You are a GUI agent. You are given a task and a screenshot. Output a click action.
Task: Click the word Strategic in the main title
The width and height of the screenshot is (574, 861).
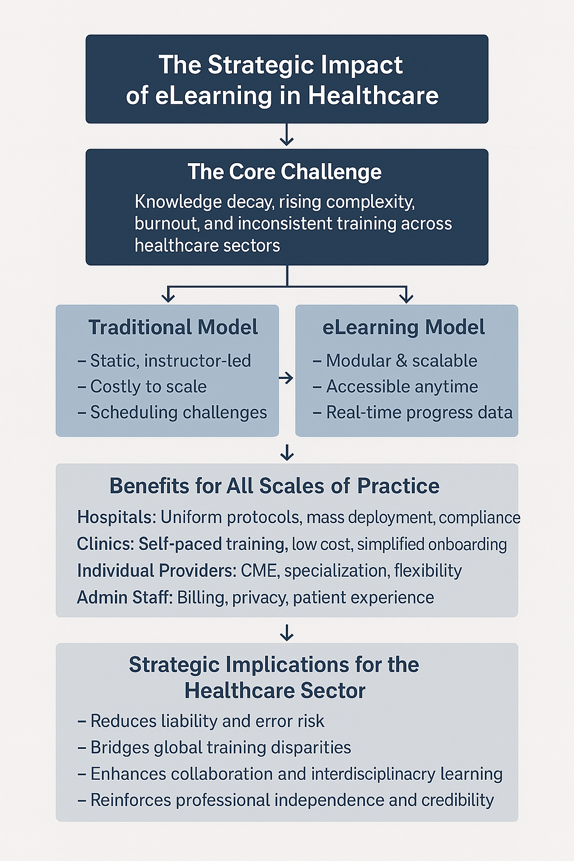(261, 66)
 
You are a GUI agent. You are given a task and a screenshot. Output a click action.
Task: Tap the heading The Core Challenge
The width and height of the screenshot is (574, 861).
(285, 172)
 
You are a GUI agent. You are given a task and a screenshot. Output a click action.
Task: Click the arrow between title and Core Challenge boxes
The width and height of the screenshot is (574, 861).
(287, 134)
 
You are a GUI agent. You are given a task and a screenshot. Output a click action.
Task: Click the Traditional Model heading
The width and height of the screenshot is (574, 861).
(173, 327)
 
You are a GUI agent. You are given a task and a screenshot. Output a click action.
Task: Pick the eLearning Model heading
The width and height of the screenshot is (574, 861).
(403, 327)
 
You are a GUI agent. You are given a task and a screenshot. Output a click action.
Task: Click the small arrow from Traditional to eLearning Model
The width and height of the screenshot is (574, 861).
(286, 378)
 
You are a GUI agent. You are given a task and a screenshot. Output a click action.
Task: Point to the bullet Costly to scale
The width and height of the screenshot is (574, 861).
(142, 387)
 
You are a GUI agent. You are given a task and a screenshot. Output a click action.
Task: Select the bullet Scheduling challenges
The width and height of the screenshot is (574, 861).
(172, 413)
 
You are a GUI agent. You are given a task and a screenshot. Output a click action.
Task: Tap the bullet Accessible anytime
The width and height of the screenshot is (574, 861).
(395, 387)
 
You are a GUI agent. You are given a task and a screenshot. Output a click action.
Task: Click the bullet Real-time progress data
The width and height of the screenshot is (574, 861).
(413, 413)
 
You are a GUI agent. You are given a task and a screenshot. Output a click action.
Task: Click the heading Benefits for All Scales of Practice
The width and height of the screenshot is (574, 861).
(275, 486)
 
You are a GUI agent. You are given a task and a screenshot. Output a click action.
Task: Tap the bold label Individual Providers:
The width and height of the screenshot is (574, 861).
(157, 571)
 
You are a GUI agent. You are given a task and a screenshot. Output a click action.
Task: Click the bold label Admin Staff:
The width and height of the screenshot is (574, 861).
(125, 598)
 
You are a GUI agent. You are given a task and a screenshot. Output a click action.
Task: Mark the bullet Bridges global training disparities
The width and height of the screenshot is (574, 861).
(214, 748)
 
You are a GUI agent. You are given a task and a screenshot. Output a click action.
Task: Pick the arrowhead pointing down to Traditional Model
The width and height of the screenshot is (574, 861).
(168, 297)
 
